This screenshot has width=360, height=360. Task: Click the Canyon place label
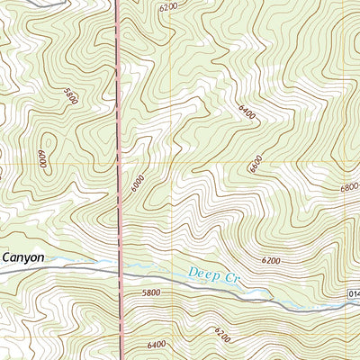22,256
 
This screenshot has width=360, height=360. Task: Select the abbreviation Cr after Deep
229,278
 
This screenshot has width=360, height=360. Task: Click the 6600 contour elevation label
255,163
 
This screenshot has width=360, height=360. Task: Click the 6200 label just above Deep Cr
271,260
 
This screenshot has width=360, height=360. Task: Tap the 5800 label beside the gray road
150,292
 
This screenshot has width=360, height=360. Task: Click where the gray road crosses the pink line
121,271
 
